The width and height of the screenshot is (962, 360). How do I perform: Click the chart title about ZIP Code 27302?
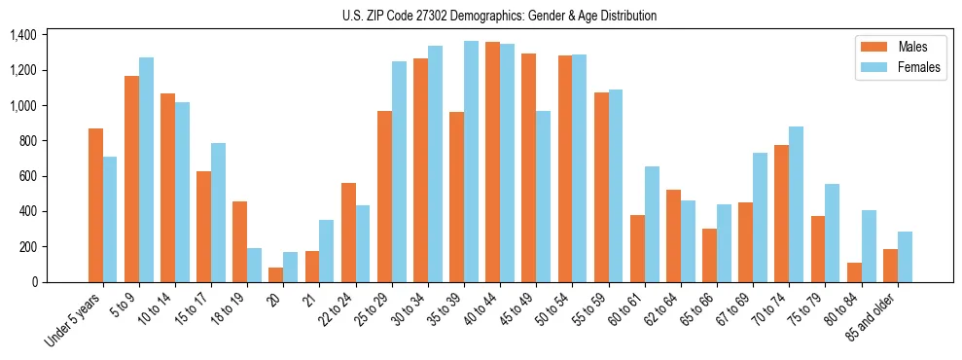(500, 16)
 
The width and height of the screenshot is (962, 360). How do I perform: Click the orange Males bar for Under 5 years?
(95, 205)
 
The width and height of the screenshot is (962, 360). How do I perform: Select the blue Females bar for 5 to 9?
(146, 169)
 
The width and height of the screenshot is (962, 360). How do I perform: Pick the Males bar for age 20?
(276, 274)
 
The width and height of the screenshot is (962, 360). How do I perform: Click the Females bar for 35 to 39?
(471, 162)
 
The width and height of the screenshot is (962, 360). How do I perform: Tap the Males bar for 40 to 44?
(492, 162)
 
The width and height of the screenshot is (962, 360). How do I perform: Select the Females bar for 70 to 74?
(796, 204)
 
